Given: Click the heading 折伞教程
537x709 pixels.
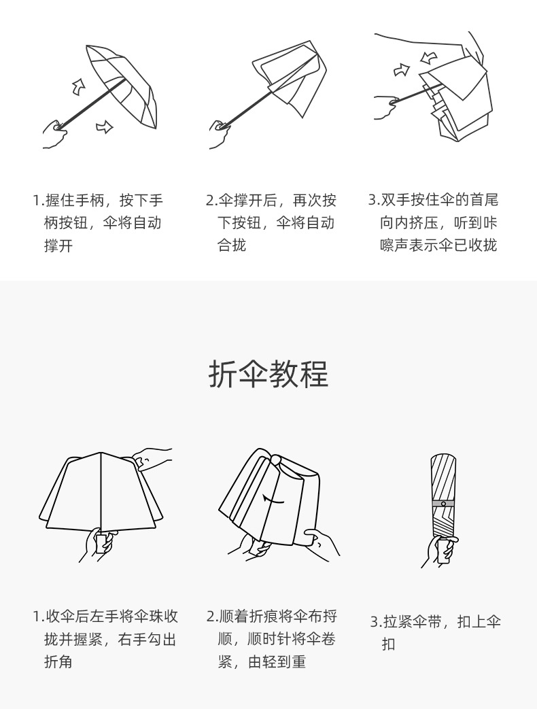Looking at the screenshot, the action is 268,375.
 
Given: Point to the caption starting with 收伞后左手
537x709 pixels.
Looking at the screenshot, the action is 105,639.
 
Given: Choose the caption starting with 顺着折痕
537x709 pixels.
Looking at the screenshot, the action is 272,639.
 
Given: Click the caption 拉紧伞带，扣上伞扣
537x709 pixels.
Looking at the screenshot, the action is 436,632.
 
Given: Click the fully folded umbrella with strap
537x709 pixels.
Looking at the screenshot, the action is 443,496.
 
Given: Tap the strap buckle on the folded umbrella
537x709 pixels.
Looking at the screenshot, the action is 443,504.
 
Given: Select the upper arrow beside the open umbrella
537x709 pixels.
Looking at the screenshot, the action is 79,86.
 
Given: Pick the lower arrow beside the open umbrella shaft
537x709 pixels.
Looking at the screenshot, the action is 104,126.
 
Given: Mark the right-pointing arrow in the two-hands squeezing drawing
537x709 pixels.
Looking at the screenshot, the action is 402,69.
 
